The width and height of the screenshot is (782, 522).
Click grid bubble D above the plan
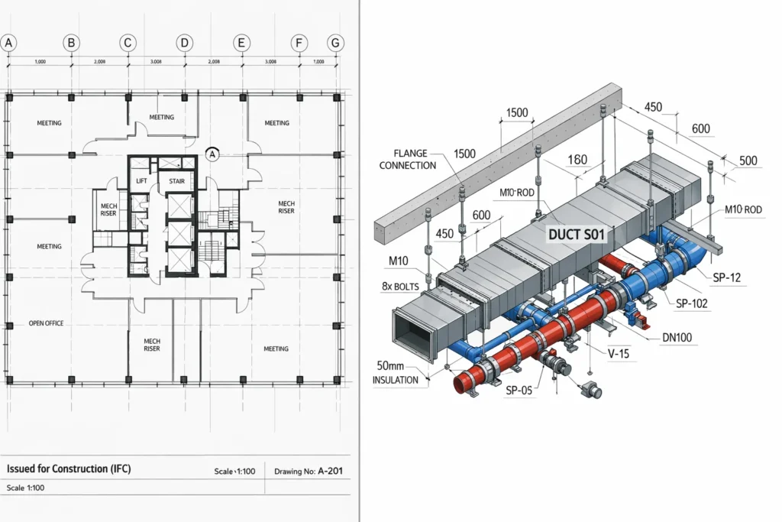(x=184, y=44)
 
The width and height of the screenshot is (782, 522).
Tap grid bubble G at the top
(x=334, y=44)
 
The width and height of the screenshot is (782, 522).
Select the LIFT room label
(x=141, y=181)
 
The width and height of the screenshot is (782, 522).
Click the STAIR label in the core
(x=176, y=181)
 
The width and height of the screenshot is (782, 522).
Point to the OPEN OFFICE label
(x=46, y=323)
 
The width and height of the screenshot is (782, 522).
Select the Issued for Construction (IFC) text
(x=69, y=469)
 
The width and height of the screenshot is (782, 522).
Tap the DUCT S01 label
(x=577, y=235)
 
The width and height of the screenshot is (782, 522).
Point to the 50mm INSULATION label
(x=396, y=372)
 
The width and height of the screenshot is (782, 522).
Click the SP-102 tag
(x=693, y=303)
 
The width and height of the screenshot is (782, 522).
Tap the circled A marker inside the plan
(x=213, y=154)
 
